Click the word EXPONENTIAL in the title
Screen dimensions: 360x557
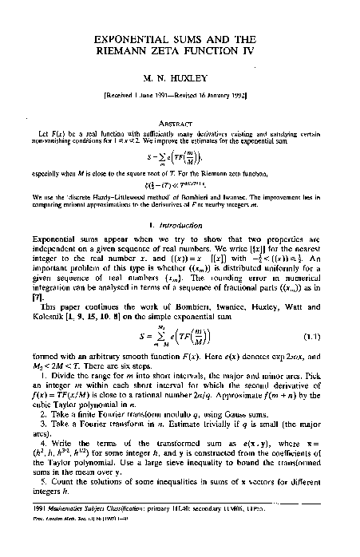click(x=125, y=38)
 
